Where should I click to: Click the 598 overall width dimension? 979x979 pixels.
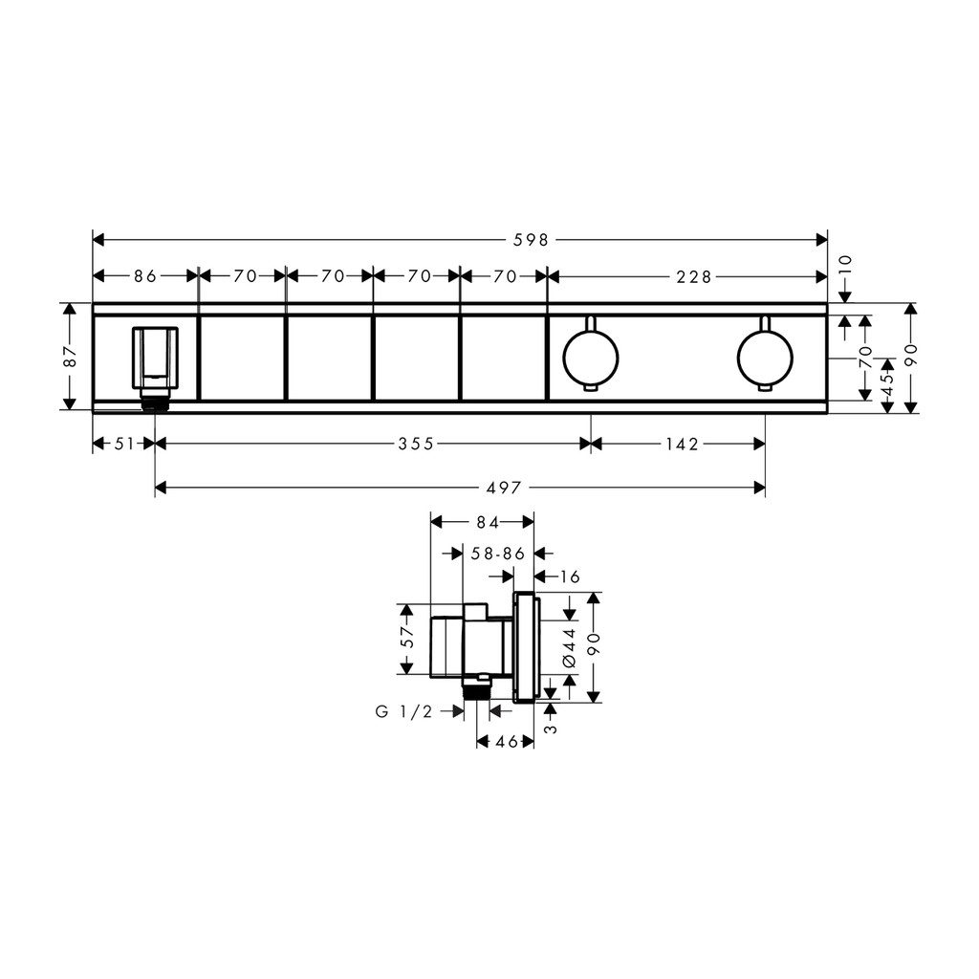(531, 240)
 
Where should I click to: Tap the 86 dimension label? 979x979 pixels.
(145, 276)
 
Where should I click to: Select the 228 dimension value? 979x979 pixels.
(694, 276)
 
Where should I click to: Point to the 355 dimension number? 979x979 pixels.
(416, 444)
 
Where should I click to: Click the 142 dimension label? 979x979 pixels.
(682, 444)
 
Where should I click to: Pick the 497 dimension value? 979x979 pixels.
(503, 489)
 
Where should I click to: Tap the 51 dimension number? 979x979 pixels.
(124, 444)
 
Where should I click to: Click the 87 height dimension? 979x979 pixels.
(71, 357)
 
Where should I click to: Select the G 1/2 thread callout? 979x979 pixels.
(404, 711)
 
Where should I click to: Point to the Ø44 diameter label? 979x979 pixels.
(570, 648)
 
